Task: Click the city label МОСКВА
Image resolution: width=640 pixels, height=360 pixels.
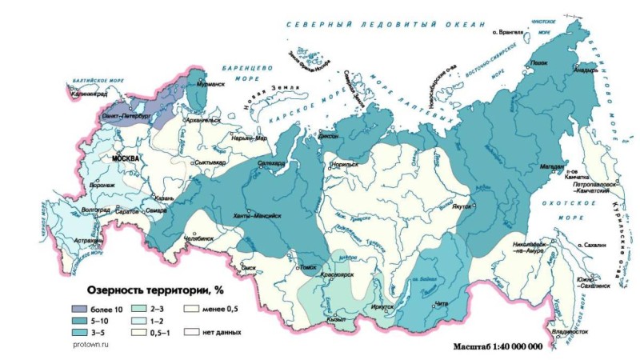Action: point(126,158)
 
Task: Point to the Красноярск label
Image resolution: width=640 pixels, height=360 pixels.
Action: point(337,274)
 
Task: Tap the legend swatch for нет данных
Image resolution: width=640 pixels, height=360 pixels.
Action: point(193,330)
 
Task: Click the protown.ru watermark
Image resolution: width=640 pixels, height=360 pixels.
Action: point(87,342)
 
